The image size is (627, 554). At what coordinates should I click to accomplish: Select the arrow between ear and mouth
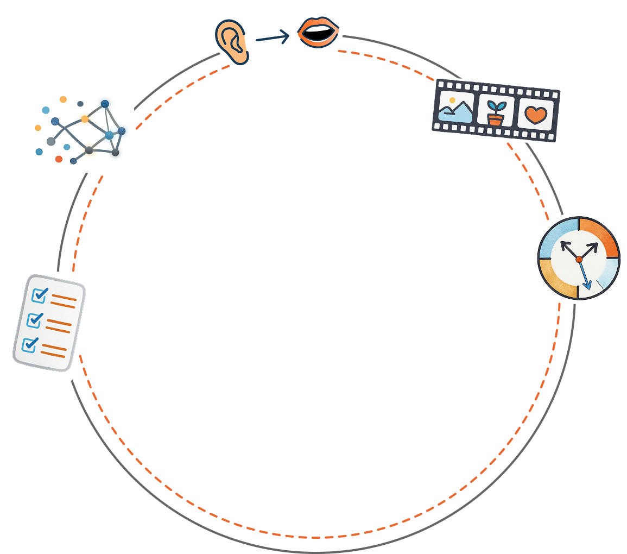tap(273, 37)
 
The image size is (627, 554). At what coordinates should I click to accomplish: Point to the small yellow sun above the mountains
tap(452, 100)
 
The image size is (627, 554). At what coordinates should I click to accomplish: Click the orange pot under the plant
tap(495, 119)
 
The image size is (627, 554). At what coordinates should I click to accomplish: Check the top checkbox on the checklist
tap(40, 295)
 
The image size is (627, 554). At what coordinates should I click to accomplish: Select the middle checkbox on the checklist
tap(35, 319)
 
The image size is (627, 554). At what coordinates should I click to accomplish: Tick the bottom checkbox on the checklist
tap(30, 344)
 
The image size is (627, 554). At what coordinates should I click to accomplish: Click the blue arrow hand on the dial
tap(584, 275)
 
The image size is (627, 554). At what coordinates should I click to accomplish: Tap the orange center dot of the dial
tap(579, 260)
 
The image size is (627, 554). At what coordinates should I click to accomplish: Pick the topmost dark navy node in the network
tap(105, 104)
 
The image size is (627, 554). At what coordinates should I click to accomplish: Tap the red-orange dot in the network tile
tap(59, 159)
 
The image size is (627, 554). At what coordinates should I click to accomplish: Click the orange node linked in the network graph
tap(85, 119)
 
